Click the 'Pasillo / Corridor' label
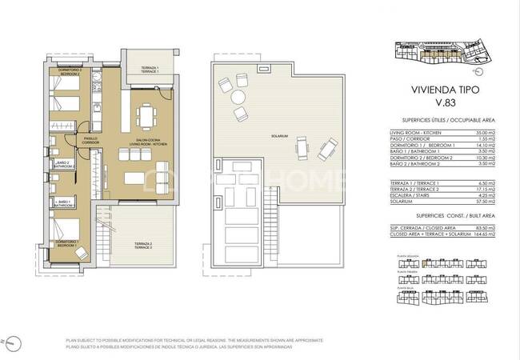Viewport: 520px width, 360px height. tap(90, 141)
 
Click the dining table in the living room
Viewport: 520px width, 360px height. tap(146, 114)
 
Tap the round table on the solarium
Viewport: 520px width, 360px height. tap(238, 98)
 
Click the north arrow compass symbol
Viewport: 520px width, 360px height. tap(13, 343)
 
